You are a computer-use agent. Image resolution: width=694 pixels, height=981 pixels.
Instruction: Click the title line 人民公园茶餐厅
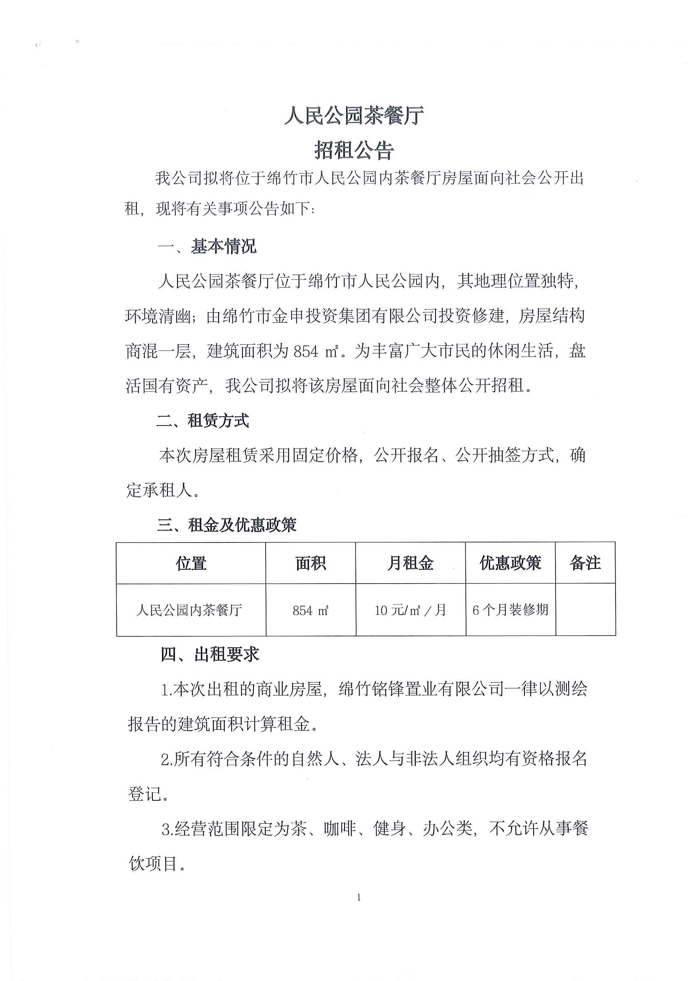coord(354,115)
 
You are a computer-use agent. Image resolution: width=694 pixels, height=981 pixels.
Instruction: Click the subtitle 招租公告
coord(354,151)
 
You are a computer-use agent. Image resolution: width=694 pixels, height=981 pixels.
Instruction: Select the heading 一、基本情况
coord(207,247)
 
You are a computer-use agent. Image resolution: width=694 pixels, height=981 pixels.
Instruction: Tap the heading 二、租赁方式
coord(203,421)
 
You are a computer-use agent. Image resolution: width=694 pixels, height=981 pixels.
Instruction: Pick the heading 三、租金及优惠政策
coord(227,525)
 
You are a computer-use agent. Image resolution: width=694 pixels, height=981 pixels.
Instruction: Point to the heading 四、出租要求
coord(210,654)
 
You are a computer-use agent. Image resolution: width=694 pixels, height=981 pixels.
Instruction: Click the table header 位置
coord(191,563)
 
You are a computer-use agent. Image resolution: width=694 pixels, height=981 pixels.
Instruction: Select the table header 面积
coord(310,563)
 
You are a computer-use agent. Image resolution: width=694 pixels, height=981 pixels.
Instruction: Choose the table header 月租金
coord(410,563)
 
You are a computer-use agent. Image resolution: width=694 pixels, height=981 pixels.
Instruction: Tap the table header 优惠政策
coord(510,563)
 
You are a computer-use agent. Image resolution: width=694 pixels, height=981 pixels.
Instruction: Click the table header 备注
coord(585,563)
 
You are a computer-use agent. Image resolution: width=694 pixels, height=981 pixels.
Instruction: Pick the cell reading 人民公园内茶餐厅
coord(189,610)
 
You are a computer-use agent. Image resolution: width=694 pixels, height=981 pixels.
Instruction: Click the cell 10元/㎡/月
coord(410,610)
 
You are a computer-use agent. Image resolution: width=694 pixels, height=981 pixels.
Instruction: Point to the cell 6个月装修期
coord(510,610)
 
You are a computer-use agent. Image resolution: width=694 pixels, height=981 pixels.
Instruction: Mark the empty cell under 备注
coord(585,610)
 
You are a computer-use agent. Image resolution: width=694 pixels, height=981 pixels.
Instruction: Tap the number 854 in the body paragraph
coord(306,352)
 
